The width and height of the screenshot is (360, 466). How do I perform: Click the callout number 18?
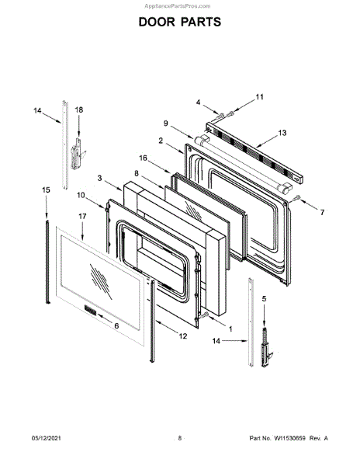[x=78, y=110]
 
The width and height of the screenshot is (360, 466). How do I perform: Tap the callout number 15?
[x=46, y=190]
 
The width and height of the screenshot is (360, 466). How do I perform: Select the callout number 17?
[x=82, y=217]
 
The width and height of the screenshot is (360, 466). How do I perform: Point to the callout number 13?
[x=282, y=133]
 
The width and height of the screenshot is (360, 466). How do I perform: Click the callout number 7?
[x=322, y=213]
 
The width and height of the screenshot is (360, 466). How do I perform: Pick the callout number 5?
[x=264, y=299]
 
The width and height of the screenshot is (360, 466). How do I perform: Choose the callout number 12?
[x=183, y=336]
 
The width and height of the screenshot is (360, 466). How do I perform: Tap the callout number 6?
[x=116, y=325]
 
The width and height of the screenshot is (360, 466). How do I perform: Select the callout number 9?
[x=165, y=123]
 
